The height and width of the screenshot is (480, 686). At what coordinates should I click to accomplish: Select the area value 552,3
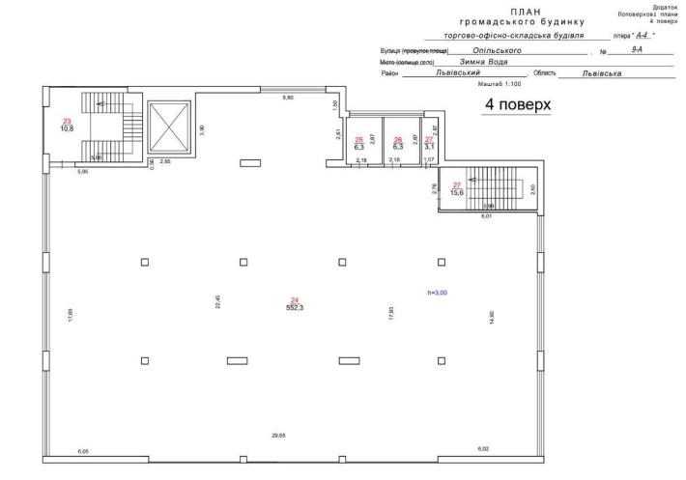295,307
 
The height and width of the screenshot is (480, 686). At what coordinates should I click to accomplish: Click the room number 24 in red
295,300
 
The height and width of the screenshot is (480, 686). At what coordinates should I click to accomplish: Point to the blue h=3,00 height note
438,291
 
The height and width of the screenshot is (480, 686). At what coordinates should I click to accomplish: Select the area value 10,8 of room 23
68,127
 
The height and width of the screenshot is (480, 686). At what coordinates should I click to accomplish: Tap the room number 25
359,140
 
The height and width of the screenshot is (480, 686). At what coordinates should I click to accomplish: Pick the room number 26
397,140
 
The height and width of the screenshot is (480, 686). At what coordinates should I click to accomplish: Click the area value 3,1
430,146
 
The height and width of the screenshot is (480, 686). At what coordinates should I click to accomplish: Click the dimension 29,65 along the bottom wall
278,437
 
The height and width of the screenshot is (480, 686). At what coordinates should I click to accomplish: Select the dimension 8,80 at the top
287,99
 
